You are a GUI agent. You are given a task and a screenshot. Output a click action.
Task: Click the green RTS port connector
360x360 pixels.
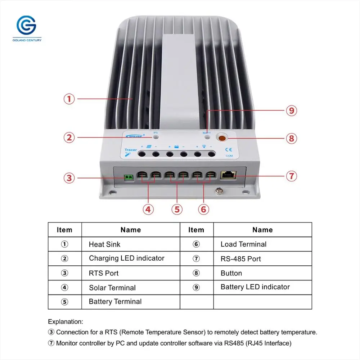(x=129, y=177)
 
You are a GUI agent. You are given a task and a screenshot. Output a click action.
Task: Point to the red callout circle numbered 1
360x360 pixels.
(x=69, y=99)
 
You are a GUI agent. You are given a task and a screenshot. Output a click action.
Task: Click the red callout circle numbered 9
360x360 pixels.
(x=291, y=111)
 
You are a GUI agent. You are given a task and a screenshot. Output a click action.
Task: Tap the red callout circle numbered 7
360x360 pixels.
(x=291, y=176)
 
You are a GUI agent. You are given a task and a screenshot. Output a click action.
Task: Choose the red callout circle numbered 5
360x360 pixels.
(x=177, y=209)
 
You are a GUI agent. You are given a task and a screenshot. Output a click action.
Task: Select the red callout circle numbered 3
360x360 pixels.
(x=69, y=177)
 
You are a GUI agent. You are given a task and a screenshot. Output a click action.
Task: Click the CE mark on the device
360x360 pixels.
(x=229, y=149)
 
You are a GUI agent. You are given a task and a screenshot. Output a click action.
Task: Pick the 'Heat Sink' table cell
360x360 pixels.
(x=105, y=244)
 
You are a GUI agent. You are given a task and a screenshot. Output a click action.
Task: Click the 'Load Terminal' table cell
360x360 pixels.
(x=243, y=244)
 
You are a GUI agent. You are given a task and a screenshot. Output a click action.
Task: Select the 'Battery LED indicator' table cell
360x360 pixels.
(x=255, y=287)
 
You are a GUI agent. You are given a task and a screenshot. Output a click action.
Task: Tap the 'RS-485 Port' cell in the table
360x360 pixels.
(x=240, y=259)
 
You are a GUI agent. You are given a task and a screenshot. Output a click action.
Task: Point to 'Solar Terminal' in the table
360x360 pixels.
(x=112, y=288)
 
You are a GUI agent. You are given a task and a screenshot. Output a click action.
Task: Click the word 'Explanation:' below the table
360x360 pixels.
(x=66, y=321)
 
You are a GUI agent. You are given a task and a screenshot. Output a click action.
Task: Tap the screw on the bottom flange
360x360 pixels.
(x=218, y=190)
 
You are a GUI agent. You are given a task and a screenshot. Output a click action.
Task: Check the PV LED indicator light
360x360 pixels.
(x=156, y=137)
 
